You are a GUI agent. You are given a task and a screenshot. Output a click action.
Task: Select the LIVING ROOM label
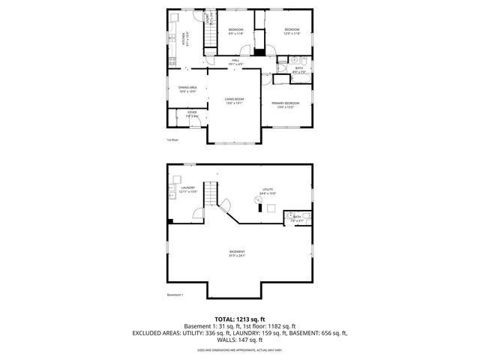(x=235, y=100)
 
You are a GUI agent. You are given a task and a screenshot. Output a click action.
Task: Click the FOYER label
(x=192, y=114)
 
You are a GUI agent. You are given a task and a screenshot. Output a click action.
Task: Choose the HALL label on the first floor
(x=235, y=61)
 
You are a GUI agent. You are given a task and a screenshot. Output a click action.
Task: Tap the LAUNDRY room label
(x=188, y=190)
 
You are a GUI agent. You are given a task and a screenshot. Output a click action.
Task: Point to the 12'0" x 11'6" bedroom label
(x=291, y=31)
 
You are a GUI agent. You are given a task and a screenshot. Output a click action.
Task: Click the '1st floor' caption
(x=172, y=139)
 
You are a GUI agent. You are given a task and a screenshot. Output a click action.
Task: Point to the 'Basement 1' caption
(x=175, y=295)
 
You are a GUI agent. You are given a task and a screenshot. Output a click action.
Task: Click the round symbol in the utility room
(x=258, y=199)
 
